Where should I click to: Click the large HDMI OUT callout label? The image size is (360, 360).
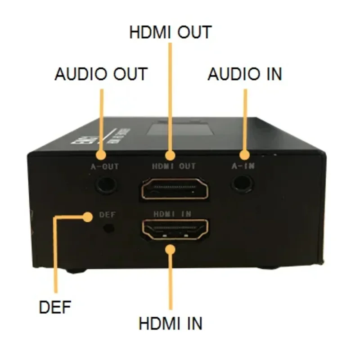(170, 32)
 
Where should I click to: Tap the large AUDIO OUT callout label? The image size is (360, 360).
(101, 74)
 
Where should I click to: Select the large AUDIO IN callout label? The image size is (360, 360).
(245, 74)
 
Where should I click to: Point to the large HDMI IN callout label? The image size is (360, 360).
(171, 324)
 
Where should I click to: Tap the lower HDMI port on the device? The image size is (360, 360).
(175, 229)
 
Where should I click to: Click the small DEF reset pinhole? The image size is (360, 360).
(108, 228)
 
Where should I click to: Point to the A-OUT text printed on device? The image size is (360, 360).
(105, 167)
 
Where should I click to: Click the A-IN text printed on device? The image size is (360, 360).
(243, 166)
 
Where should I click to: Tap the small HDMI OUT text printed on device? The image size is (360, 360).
(174, 166)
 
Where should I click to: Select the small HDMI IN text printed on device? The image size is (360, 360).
(173, 214)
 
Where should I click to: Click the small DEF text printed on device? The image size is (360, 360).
(107, 215)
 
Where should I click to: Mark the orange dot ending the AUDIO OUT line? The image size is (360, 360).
(101, 155)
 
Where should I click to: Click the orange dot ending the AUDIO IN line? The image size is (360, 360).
(244, 155)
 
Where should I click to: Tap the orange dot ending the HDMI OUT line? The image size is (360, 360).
(170, 156)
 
